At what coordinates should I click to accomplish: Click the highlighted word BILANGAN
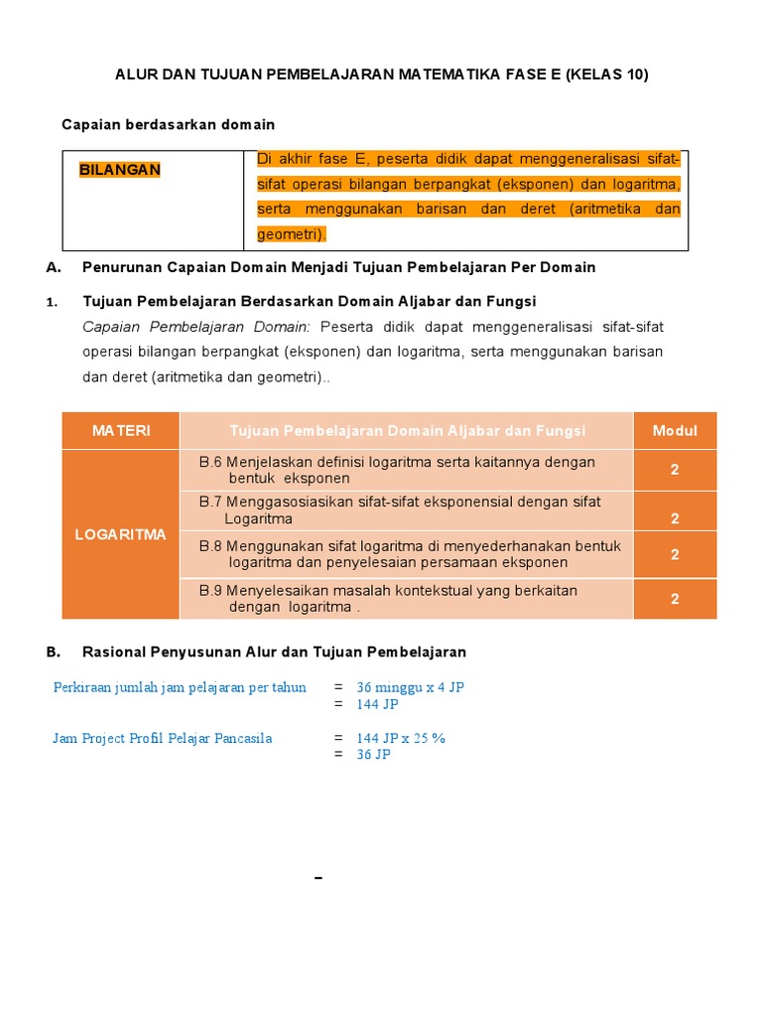tap(119, 170)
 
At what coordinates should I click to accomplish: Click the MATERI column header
tap(121, 430)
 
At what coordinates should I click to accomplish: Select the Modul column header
tap(675, 430)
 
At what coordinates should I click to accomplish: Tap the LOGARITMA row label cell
tap(121, 534)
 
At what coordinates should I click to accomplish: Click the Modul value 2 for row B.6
tap(675, 470)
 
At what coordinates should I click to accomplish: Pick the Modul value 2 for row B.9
tap(675, 599)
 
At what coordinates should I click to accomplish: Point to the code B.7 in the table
tap(210, 502)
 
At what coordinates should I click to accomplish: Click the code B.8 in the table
tap(210, 545)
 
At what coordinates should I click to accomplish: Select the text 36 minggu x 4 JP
tap(410, 687)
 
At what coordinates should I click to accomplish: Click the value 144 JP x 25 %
tap(401, 738)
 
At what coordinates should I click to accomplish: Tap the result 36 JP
tap(373, 755)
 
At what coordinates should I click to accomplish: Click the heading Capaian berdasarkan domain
tap(168, 124)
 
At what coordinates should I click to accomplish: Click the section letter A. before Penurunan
tap(54, 267)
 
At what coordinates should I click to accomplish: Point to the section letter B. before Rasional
tap(54, 652)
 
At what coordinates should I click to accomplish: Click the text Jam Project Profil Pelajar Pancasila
tap(162, 738)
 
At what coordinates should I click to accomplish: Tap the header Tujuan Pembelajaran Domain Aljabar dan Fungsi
tap(407, 430)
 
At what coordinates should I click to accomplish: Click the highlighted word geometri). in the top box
tap(292, 234)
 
